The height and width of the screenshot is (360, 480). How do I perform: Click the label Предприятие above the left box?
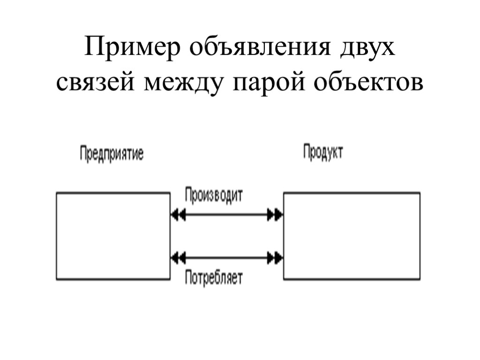click(x=112, y=154)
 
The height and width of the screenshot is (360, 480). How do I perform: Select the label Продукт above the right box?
click(x=322, y=152)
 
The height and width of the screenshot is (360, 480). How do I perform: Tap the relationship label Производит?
click(x=214, y=195)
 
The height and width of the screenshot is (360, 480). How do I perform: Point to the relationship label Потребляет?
click(x=213, y=278)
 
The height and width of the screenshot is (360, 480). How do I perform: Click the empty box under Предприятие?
click(x=113, y=236)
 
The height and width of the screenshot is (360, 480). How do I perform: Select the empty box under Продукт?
click(x=352, y=236)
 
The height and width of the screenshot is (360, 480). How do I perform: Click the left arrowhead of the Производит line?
click(x=178, y=215)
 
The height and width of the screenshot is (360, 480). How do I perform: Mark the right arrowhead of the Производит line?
click(x=275, y=215)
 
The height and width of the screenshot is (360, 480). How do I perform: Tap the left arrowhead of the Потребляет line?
click(x=178, y=257)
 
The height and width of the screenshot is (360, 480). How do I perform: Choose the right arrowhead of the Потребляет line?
click(x=275, y=257)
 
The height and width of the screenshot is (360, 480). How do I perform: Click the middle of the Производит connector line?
click(x=226, y=215)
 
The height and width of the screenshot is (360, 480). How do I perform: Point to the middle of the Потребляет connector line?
click(x=226, y=257)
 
